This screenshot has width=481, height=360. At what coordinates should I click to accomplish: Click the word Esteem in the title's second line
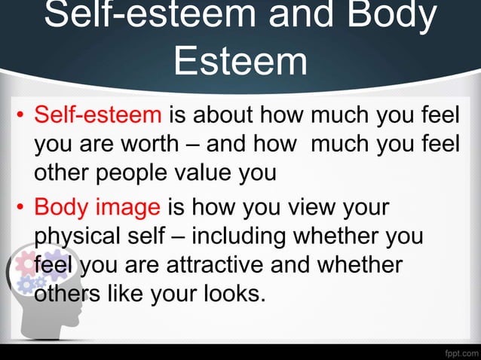coord(240,62)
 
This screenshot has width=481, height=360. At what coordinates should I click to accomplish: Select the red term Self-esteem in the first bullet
coord(98,116)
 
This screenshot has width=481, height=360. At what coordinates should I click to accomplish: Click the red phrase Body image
coord(97,206)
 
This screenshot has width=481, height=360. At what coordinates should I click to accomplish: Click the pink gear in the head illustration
coord(26,263)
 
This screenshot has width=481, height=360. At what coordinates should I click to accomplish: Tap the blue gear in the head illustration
coord(32,284)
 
